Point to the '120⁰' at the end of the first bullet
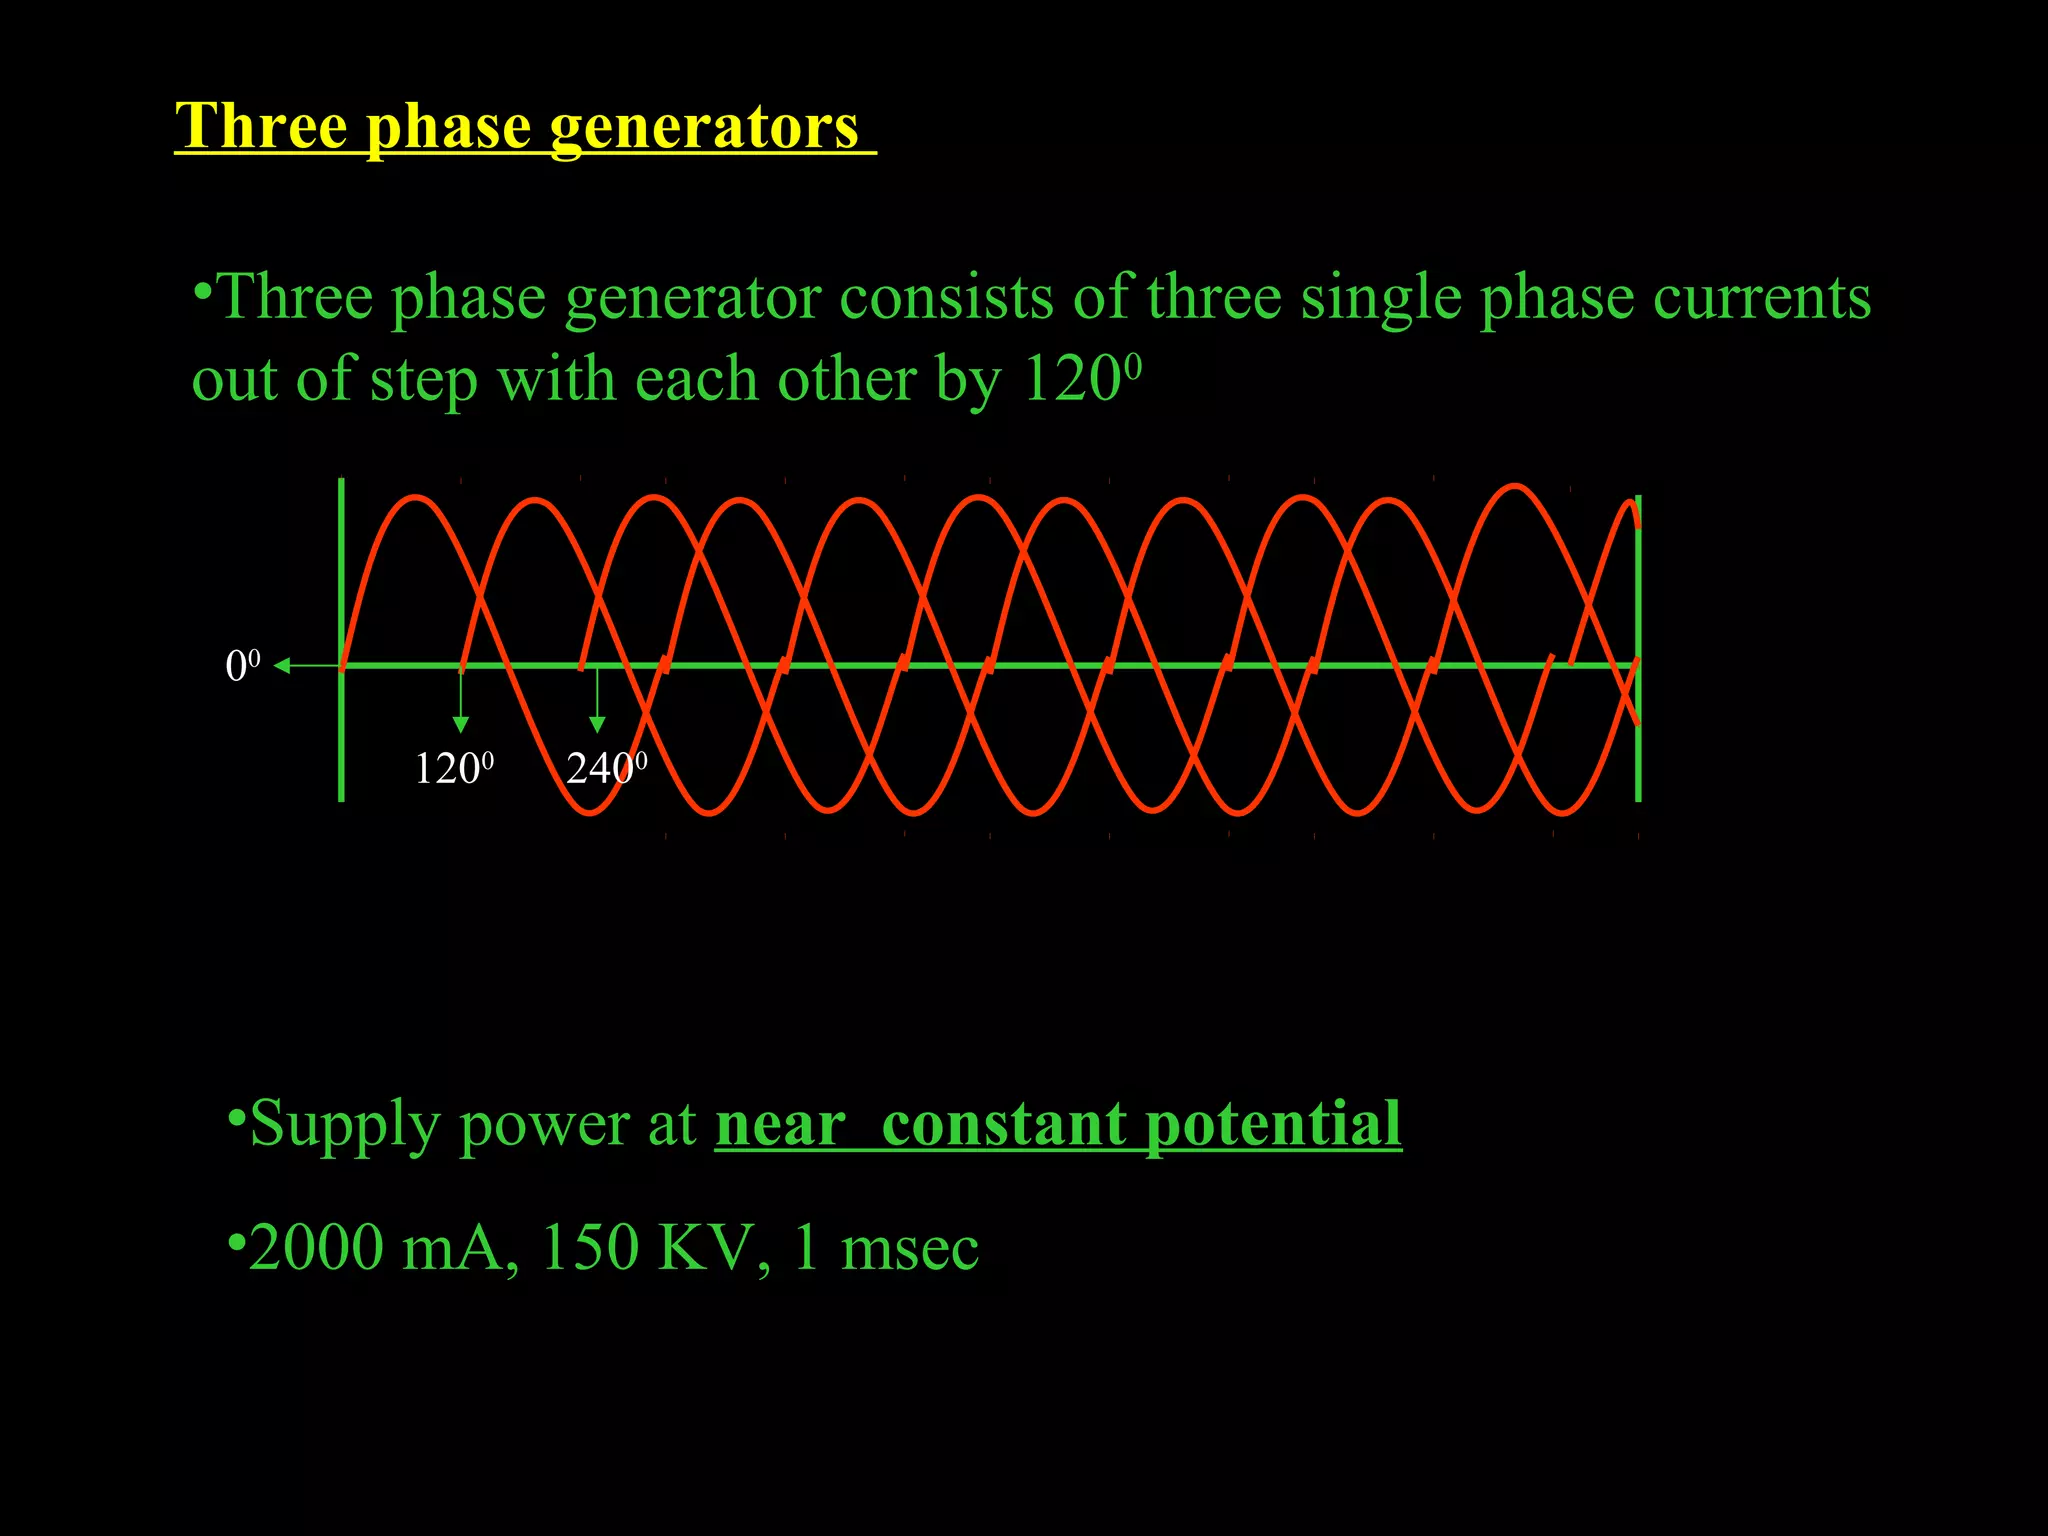[x=1082, y=379]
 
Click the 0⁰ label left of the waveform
[x=243, y=666]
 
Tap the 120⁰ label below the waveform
[x=454, y=768]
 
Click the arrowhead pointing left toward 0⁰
[x=282, y=666]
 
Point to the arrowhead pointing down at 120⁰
[x=461, y=724]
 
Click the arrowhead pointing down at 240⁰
[x=597, y=724]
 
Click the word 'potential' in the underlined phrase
[x=1273, y=1126]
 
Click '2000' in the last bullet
[x=316, y=1248]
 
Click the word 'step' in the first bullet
[x=424, y=381]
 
